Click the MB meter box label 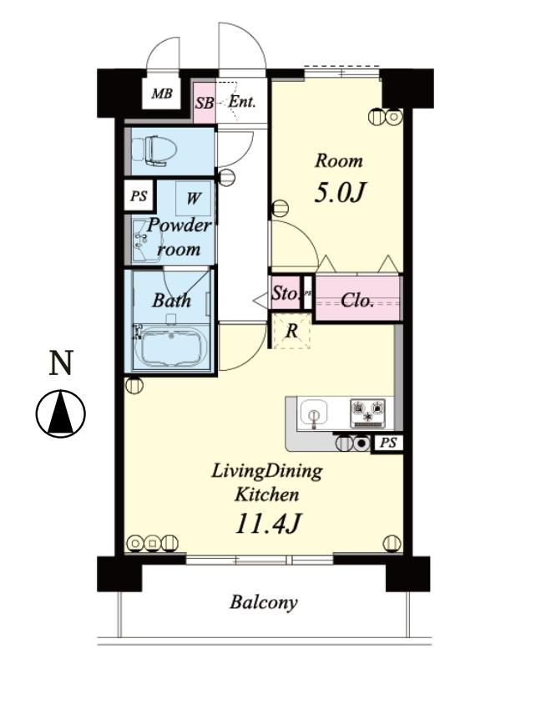[x=162, y=94]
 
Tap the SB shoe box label [x=205, y=103]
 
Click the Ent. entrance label [x=242, y=101]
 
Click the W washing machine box [x=194, y=198]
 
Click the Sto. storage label [x=285, y=292]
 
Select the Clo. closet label [x=356, y=301]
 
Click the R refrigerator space [x=291, y=331]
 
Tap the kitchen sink [x=314, y=413]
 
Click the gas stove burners [x=367, y=412]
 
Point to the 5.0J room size [x=340, y=192]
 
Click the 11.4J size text [x=268, y=524]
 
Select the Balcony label [x=264, y=602]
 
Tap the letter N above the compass [x=62, y=362]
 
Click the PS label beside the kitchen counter [x=388, y=443]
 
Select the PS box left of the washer [x=139, y=195]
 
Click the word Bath [x=171, y=301]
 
